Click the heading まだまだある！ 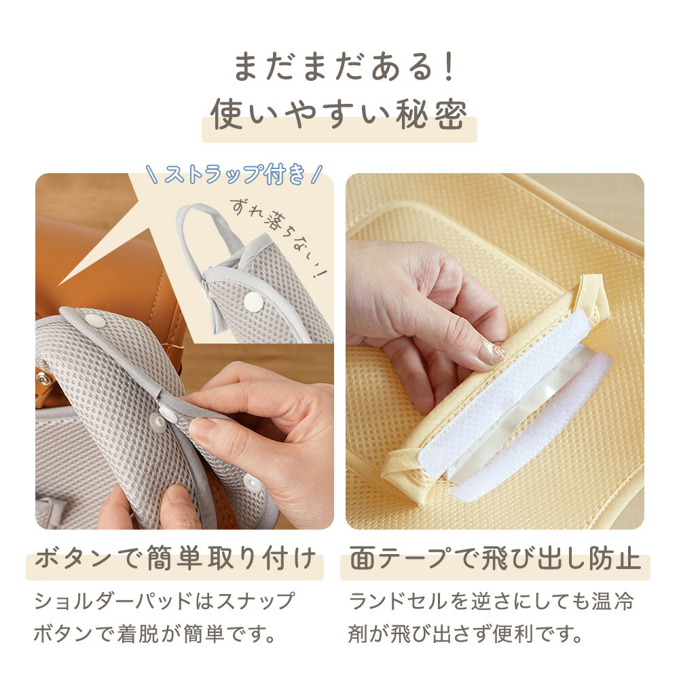point(344,67)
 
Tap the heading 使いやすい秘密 point(339,114)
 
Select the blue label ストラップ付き point(234,174)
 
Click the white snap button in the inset point(253,301)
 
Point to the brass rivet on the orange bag point(43,379)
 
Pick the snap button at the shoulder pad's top point(94,321)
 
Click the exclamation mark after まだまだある point(449,67)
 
